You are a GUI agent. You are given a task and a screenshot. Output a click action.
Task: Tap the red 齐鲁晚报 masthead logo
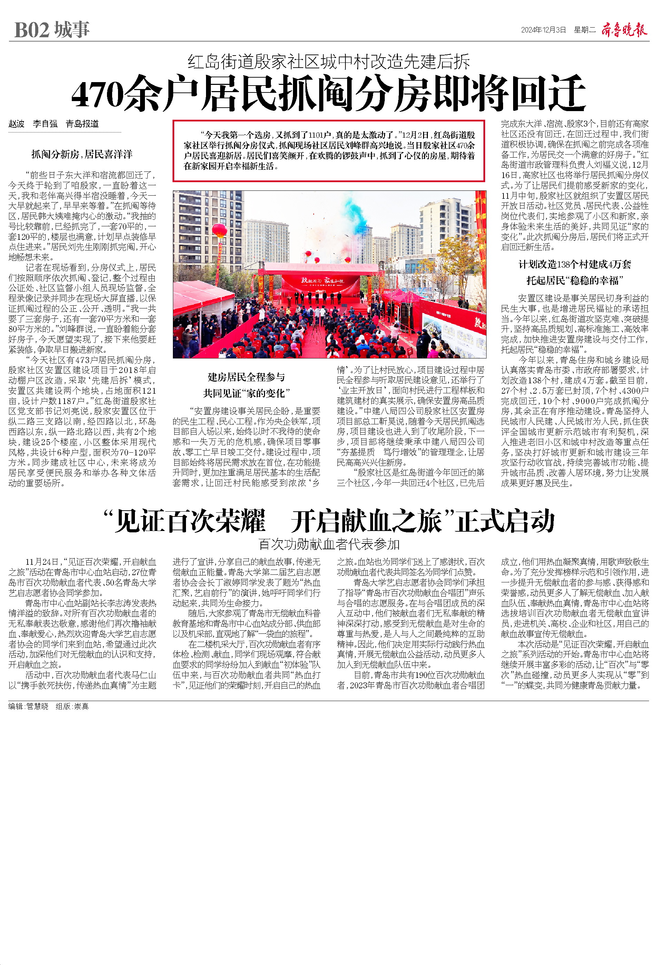624,30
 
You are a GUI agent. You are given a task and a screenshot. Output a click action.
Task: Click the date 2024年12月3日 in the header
543,30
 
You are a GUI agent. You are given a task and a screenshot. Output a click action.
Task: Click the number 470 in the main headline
98,95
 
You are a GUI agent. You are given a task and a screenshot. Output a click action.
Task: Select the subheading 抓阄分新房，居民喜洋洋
82,155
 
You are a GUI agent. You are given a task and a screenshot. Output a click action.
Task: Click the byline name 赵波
17,124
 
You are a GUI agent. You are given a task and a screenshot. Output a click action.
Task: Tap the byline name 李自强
45,124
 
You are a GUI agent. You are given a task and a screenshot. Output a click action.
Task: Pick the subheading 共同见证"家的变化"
246,393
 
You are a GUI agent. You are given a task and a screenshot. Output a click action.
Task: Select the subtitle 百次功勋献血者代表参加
328,544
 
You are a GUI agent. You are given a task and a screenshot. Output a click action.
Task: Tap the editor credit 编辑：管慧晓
28,706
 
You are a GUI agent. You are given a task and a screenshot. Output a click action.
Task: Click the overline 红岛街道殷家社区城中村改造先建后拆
328,62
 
